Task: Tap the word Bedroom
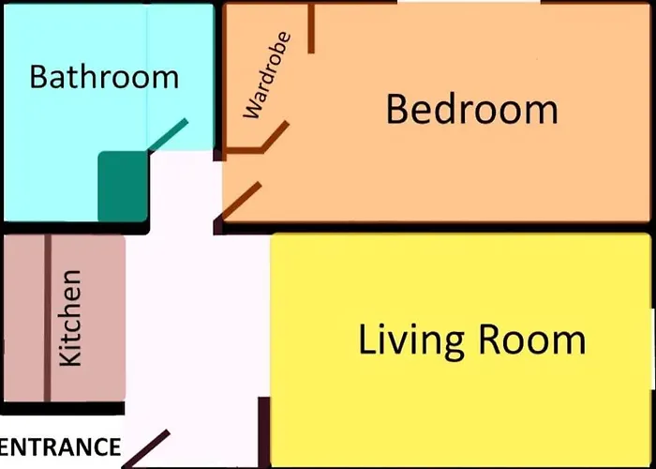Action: click(472, 109)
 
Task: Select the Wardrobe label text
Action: click(267, 75)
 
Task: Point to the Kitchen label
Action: click(70, 318)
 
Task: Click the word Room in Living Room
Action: click(531, 340)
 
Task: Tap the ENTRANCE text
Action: click(60, 446)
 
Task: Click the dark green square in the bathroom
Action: click(124, 187)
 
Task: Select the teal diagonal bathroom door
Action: click(168, 135)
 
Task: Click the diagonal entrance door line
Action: click(146, 448)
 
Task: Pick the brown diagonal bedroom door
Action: click(241, 201)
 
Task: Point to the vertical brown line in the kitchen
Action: click(47, 318)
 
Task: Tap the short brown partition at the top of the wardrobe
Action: click(311, 28)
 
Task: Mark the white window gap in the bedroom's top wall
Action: click(469, 2)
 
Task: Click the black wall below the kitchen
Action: click(63, 408)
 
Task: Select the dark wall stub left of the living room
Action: click(264, 432)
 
